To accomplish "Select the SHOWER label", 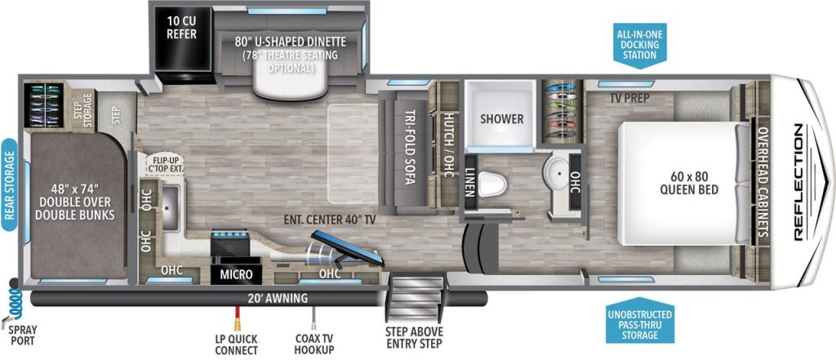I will pyautogui.click(x=501, y=119).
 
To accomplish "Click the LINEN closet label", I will pyautogui.click(x=470, y=179).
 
